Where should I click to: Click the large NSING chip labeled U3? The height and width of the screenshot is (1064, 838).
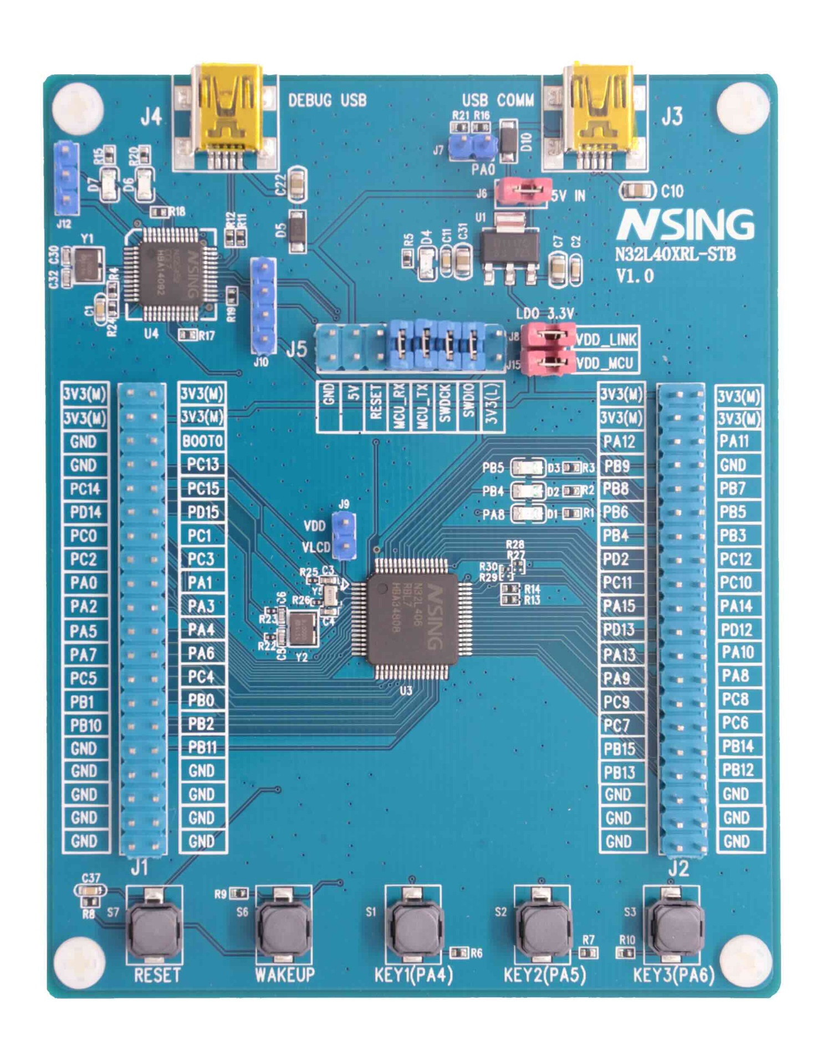point(413,618)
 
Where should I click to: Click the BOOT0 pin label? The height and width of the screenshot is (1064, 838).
point(202,441)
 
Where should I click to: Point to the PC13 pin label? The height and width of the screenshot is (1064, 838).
point(202,464)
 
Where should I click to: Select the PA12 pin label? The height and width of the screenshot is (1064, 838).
point(619,442)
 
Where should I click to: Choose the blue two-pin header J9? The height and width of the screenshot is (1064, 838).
point(344,535)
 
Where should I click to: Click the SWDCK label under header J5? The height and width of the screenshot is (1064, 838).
point(444,405)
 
